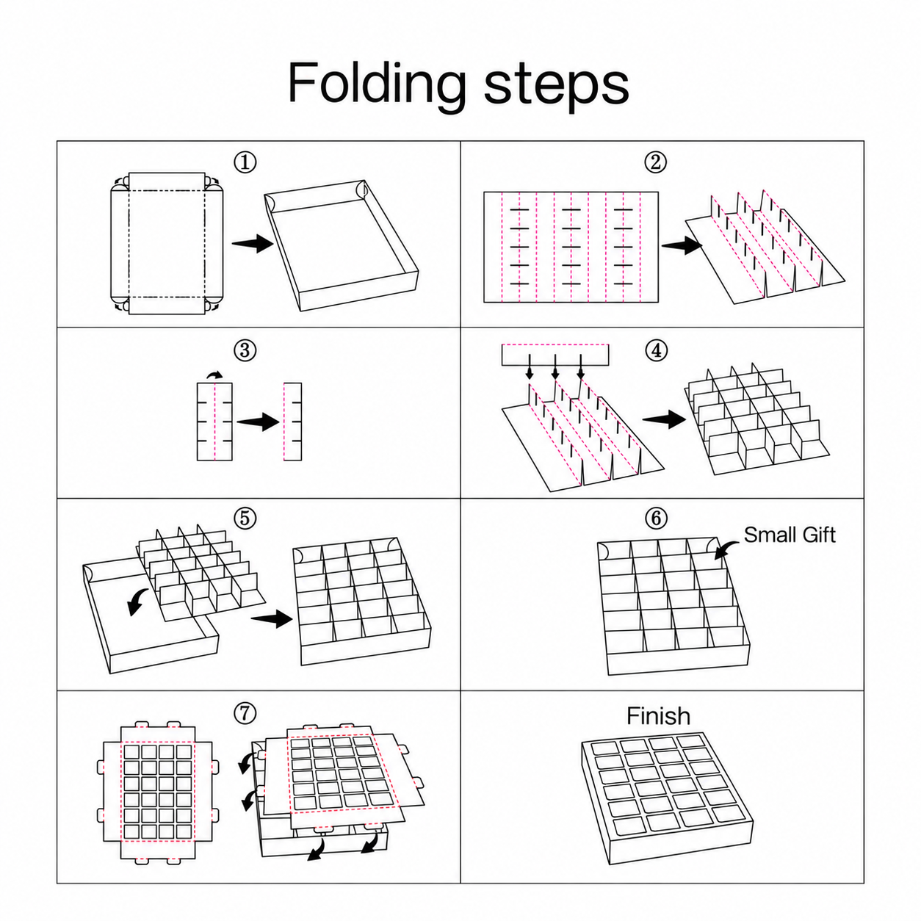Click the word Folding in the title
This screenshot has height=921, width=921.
tap(377, 85)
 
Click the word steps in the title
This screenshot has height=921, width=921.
tap(556, 86)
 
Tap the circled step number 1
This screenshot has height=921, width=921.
tap(245, 162)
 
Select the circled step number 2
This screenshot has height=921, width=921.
tap(655, 162)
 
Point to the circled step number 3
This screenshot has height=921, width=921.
tap(245, 351)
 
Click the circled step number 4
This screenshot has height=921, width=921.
tap(656, 351)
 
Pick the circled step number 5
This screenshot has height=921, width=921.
tap(245, 519)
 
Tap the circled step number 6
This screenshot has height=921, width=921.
tap(656, 519)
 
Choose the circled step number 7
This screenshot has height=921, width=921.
tap(245, 714)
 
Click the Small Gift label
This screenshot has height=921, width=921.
tap(790, 535)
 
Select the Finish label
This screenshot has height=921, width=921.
tap(658, 716)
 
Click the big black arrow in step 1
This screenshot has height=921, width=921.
tap(253, 243)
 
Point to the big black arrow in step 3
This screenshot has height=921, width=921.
tap(258, 422)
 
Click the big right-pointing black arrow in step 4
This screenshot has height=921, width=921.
tap(664, 419)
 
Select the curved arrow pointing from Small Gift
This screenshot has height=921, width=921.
tap(726, 549)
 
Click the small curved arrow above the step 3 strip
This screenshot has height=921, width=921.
tap(215, 375)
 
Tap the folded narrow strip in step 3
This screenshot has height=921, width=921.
tap(292, 422)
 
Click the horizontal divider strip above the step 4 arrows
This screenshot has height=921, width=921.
tap(555, 355)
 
